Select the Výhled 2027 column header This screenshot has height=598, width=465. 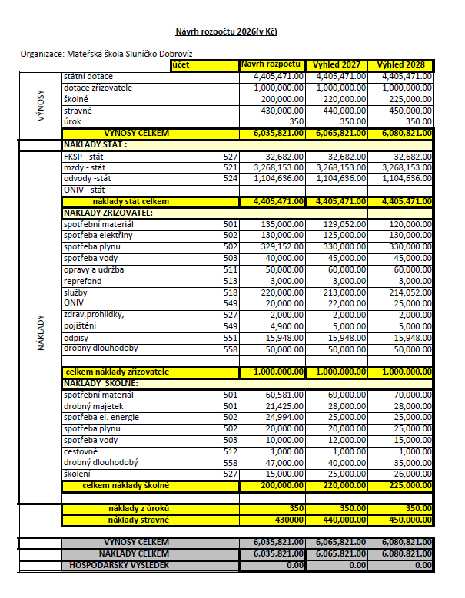pos(338,64)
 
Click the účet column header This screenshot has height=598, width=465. pos(181,65)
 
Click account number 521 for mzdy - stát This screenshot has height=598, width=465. pos(231,167)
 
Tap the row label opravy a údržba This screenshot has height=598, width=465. pos(93,271)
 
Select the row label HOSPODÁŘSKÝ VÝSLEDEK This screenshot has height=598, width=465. pos(116,565)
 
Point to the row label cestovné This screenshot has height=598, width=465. pos(80,452)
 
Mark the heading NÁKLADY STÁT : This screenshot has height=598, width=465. pos(95,144)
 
